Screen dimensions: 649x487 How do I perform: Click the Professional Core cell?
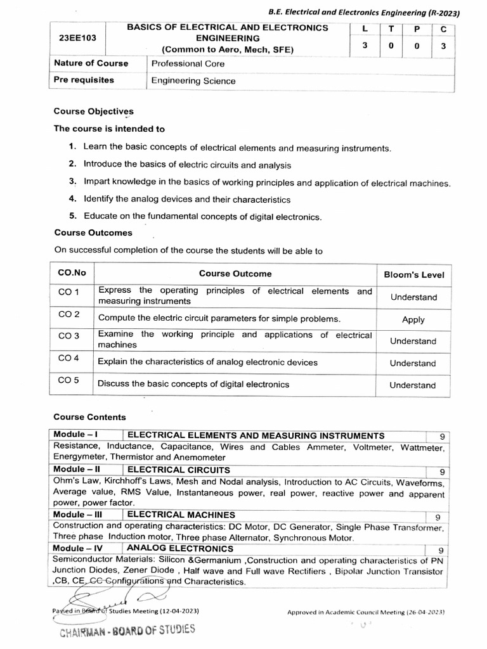coord(188,63)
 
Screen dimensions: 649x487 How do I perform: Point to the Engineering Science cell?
coord(193,80)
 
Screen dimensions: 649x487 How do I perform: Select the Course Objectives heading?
coord(93,111)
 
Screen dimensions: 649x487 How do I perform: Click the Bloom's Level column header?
coord(414,274)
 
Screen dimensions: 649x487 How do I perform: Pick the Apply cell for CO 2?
coord(413,320)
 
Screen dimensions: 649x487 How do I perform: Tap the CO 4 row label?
coord(68,359)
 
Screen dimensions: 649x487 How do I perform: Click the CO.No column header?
coord(72,273)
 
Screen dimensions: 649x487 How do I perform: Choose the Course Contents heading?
coord(89,417)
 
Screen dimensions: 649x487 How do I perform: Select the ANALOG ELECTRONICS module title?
coord(180,548)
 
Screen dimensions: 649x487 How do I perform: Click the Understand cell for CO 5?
coord(413,385)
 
